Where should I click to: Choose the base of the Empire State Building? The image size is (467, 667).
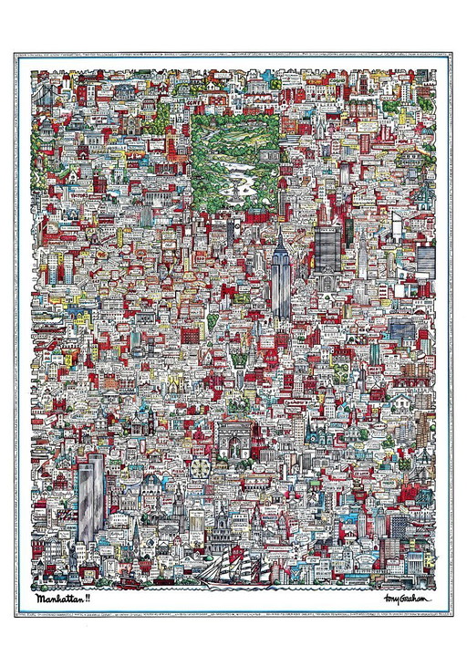(280, 306)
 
